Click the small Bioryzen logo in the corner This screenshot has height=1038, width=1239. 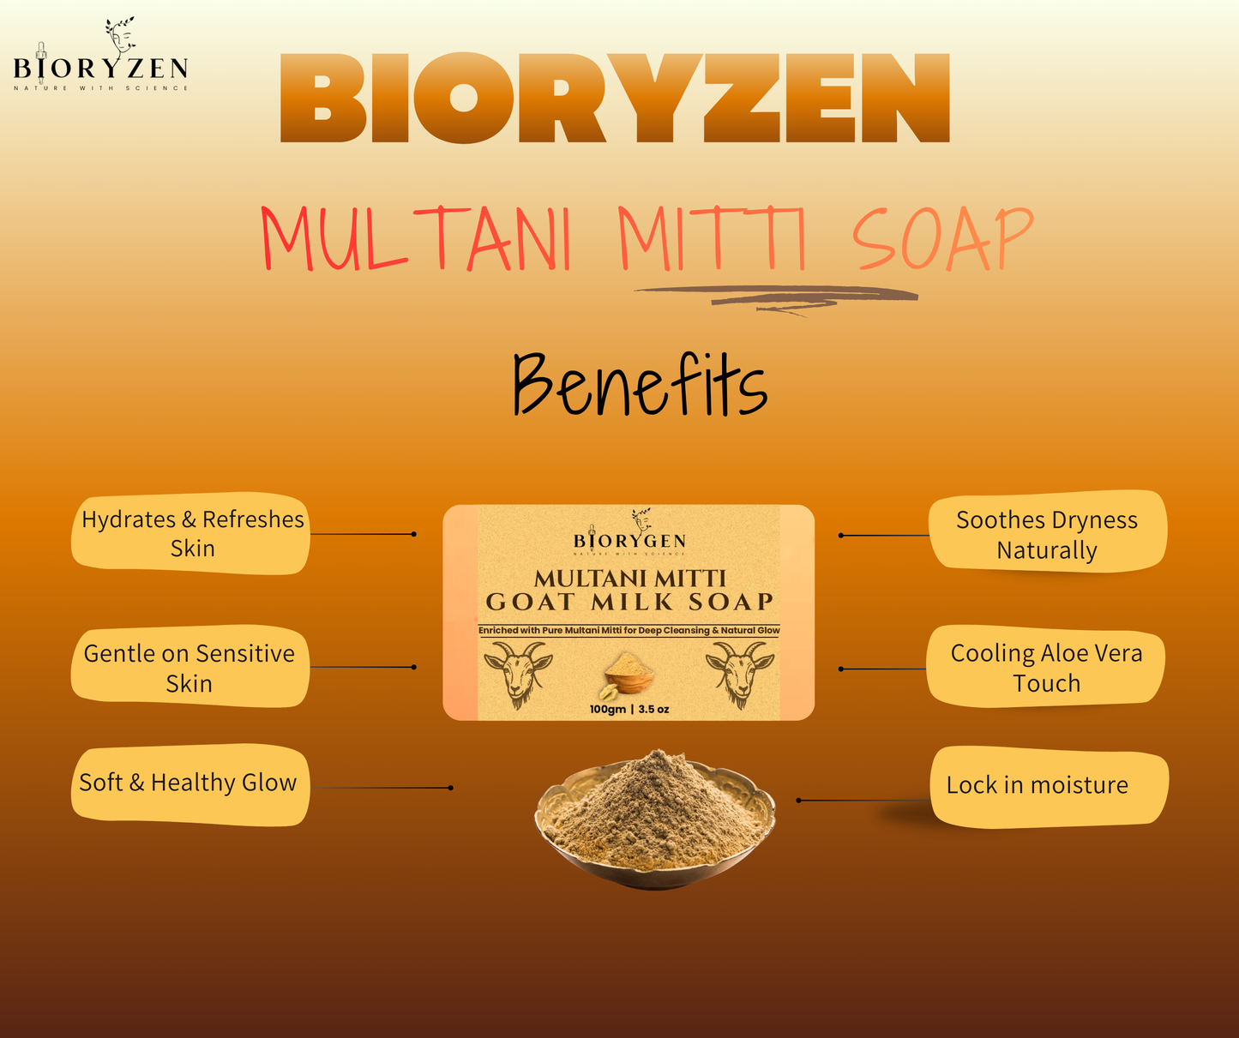click(x=100, y=57)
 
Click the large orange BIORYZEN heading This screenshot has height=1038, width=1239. click(x=615, y=99)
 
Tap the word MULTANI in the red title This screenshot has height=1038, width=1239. click(x=416, y=239)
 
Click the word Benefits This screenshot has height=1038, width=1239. click(x=639, y=385)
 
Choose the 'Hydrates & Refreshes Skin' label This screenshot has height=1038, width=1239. click(x=191, y=533)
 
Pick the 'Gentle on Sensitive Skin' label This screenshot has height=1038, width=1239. click(x=189, y=668)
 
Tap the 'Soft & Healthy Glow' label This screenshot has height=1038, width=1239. click(x=189, y=783)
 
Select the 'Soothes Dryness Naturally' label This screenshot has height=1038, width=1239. click(x=1047, y=534)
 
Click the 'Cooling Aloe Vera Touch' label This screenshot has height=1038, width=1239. click(x=1046, y=668)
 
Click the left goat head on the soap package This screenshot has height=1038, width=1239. click(x=517, y=674)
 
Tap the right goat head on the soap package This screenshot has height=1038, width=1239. click(x=739, y=674)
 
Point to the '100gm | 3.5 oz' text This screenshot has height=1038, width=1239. click(x=629, y=709)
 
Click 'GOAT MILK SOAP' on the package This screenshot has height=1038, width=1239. click(x=629, y=602)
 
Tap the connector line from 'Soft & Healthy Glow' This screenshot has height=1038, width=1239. click(x=381, y=788)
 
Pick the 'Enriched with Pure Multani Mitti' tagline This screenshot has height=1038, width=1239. click(x=629, y=630)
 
